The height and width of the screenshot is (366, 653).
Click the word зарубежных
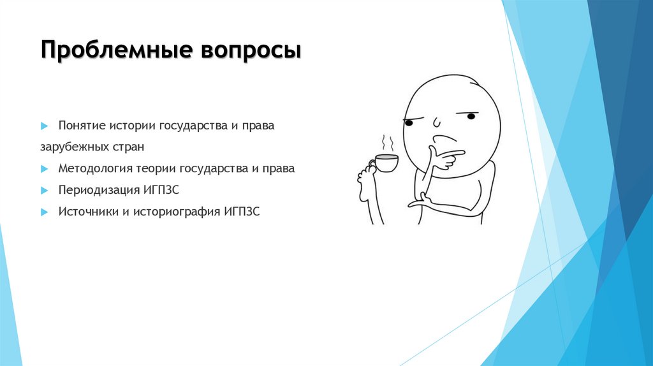pos(70,147)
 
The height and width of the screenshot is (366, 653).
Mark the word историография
pos(177,211)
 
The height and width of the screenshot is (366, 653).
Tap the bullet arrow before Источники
pos(44,211)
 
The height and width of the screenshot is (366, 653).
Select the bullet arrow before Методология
pos(44,169)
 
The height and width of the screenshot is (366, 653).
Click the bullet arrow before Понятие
pos(44,126)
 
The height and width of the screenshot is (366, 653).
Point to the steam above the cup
pos(386,142)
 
